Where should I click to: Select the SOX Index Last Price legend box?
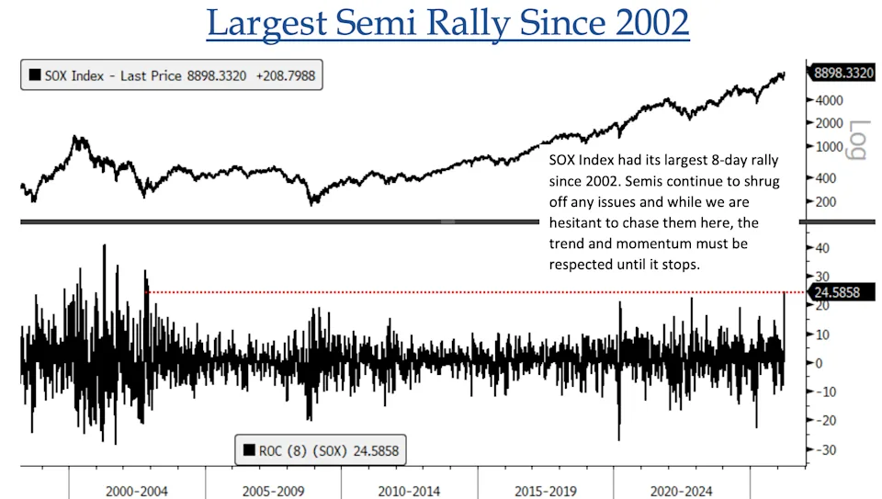172,76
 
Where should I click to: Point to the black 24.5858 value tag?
840,292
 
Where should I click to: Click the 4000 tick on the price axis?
830,100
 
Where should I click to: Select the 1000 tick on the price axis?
830,147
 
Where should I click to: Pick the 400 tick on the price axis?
827,178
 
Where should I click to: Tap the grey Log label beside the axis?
858,140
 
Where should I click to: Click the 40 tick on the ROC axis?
824,248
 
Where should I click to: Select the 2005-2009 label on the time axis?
273,491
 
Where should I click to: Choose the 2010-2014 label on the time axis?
409,491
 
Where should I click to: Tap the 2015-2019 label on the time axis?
545,491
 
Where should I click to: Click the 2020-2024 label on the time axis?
681,491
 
